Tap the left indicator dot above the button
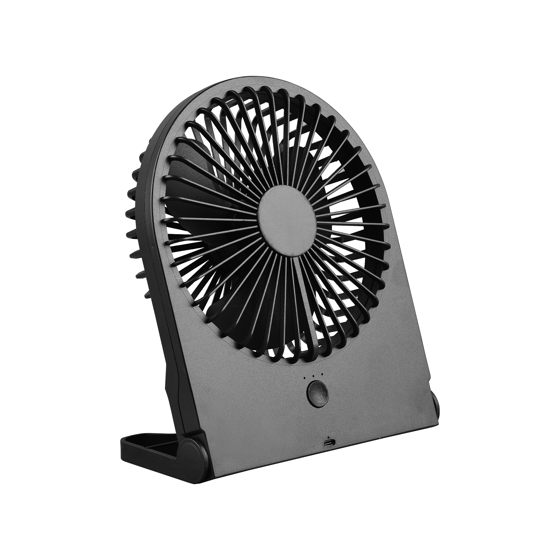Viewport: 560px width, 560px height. click(304, 377)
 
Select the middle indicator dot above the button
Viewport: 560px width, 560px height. click(313, 376)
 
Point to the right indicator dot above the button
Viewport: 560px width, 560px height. click(322, 374)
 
